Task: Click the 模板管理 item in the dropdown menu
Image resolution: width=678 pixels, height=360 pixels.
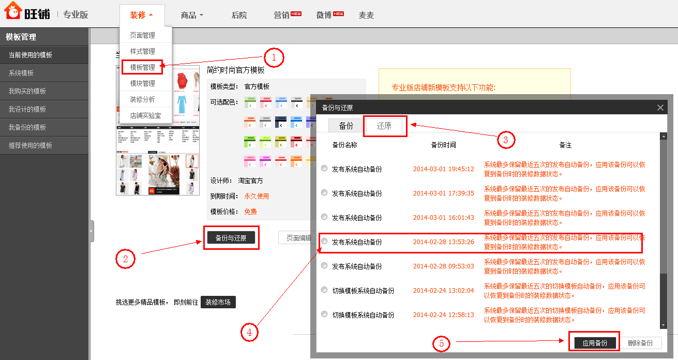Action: point(142,67)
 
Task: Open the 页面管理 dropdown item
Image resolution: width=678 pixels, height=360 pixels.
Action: point(142,35)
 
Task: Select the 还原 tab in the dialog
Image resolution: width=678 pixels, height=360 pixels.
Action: point(384,126)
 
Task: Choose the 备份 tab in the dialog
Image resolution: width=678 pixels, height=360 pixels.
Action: point(346,126)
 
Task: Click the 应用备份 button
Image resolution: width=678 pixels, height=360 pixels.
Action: point(595,343)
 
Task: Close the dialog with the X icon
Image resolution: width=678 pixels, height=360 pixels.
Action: point(660,108)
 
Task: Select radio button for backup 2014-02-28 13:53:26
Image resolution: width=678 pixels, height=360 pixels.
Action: point(324,241)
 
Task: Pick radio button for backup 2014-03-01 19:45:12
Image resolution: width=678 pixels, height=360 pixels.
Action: point(324,168)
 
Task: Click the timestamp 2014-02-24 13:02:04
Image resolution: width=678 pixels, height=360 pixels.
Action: point(443,290)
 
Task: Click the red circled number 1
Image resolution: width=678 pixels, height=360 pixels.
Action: point(275,57)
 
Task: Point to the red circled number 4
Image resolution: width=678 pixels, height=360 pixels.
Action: point(249,333)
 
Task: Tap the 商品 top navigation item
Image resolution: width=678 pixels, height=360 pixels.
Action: point(192,15)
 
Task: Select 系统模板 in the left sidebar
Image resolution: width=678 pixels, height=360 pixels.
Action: point(21,73)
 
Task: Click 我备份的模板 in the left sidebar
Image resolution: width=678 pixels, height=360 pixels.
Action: point(27,127)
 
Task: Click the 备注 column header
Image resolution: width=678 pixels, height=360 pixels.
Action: point(565,145)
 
